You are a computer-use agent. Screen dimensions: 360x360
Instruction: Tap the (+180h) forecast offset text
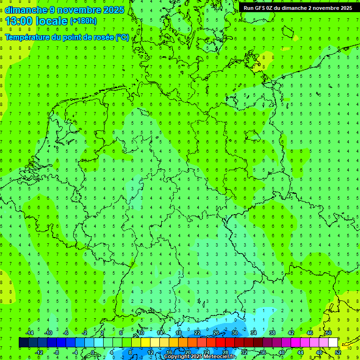pos(83,21)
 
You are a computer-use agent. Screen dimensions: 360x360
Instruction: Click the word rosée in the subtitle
pos(102,37)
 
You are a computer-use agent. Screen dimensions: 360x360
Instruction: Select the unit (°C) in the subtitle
pos(122,37)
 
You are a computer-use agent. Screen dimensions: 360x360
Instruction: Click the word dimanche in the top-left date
pos(26,10)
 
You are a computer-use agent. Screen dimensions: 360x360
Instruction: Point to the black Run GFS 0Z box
pos(299,7)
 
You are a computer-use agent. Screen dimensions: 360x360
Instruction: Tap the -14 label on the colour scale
pos(30,333)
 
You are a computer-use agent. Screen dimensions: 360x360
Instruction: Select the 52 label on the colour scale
pos(338,352)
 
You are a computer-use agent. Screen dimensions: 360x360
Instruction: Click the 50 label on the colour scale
pos(329,333)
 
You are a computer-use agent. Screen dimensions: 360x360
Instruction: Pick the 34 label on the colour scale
pos(254,333)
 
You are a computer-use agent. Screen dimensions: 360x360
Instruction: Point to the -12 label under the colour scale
pos(39,352)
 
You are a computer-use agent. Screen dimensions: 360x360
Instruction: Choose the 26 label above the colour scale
pos(216,333)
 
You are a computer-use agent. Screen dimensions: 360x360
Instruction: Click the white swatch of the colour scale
pos(333,343)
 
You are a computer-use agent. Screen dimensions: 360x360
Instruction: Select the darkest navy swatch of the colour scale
pos(23,343)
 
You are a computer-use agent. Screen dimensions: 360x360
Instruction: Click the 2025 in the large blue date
pos(113,10)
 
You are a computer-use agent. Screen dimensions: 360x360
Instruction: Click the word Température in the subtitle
pos(27,37)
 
